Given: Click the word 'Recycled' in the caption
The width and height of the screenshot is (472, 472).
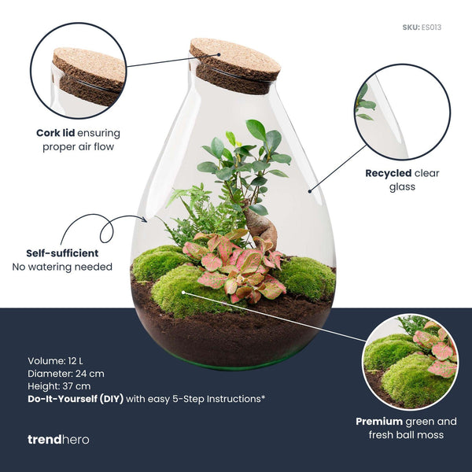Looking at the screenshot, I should (390, 173).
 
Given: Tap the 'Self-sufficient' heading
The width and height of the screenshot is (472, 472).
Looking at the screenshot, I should (62, 253).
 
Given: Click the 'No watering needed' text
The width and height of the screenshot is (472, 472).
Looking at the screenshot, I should (62, 267).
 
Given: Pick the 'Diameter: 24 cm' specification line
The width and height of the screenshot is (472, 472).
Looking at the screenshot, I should (65, 374).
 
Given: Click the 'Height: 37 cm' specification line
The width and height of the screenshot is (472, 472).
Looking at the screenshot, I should (59, 386).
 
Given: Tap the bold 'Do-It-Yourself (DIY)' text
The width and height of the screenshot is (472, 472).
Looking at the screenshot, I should (76, 399).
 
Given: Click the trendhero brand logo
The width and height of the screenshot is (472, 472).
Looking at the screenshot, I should (58, 439).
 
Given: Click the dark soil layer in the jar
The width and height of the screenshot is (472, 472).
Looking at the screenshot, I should (228, 330).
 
